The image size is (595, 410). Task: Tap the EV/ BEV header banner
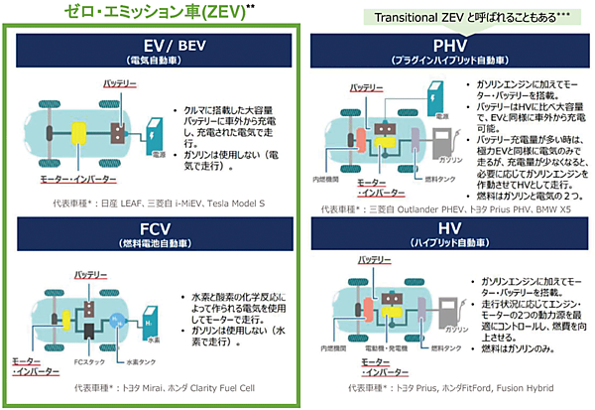[155, 52]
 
